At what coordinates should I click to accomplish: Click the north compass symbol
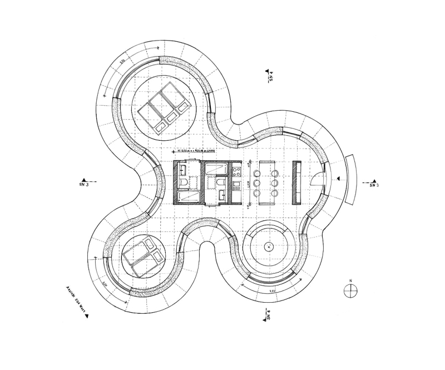click(x=350, y=290)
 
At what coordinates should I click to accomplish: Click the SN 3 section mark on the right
click(x=374, y=182)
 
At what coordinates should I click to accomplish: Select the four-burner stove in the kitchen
click(x=236, y=171)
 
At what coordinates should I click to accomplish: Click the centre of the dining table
click(x=267, y=181)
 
